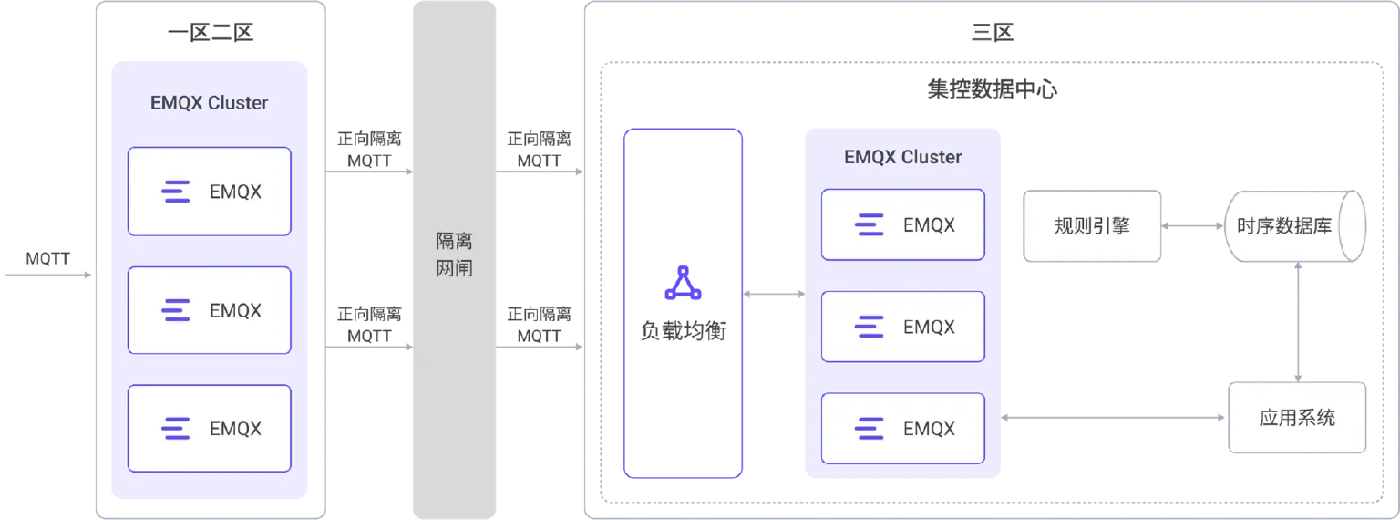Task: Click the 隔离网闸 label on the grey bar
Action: click(455, 254)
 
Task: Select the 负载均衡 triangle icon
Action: click(683, 284)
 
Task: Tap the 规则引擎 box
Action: click(1092, 226)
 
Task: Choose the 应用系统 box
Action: click(1297, 418)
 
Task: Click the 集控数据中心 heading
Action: click(992, 89)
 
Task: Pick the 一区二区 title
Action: click(211, 32)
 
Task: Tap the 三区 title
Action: click(992, 32)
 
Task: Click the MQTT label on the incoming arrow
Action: click(47, 258)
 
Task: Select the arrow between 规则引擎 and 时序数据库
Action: click(1192, 226)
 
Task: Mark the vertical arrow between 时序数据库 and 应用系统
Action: click(1298, 322)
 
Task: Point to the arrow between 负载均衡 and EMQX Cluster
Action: click(774, 294)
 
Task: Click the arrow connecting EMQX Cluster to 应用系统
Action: click(1113, 418)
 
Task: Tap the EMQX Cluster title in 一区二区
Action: click(210, 102)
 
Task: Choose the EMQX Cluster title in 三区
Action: click(903, 157)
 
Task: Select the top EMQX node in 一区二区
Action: click(210, 192)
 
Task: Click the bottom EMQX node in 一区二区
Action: click(210, 429)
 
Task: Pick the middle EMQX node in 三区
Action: click(903, 327)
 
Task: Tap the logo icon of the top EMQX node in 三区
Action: click(869, 224)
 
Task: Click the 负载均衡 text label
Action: click(683, 330)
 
